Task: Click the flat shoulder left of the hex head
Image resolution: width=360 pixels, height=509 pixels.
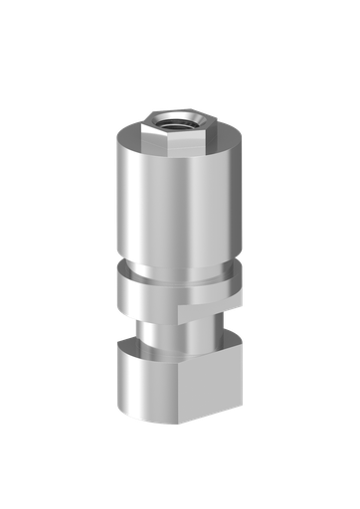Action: [x=129, y=140]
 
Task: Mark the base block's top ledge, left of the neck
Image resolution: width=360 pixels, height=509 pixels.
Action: [x=129, y=347]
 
